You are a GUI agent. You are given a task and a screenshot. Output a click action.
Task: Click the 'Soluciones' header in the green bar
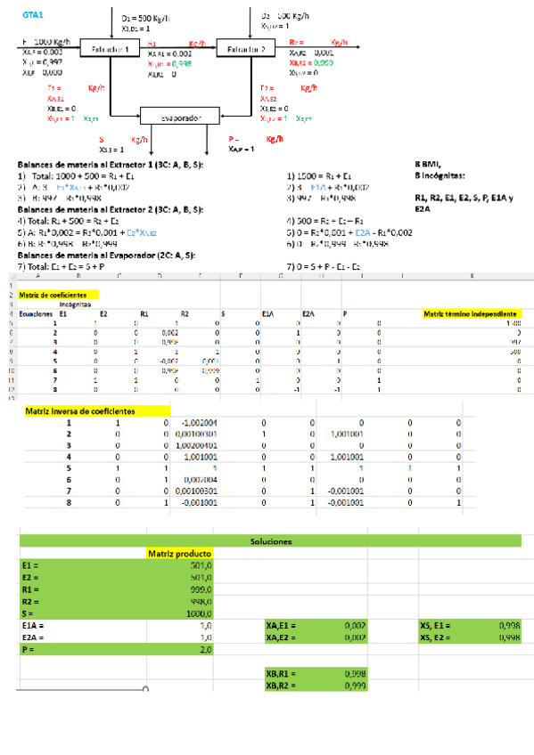pos(271,541)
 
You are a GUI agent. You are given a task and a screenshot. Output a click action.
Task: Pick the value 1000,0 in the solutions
pos(198,613)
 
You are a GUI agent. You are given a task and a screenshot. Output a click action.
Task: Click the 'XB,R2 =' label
pos(282,686)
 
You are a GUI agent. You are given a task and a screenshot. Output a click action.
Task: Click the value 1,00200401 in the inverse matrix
pos(193,444)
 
